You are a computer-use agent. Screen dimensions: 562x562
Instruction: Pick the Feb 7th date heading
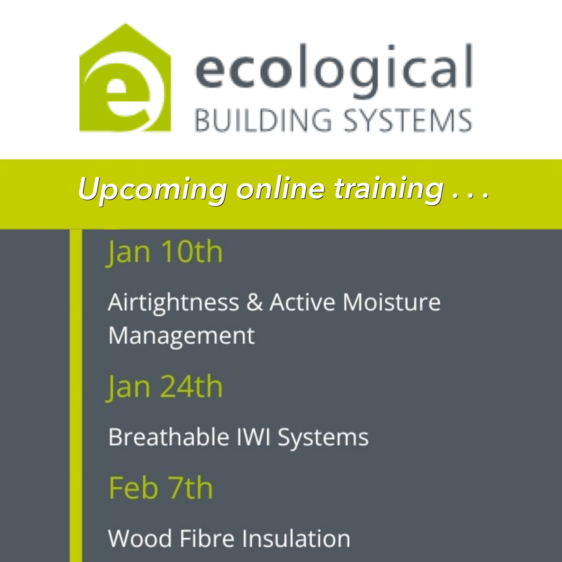pos(161,488)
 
